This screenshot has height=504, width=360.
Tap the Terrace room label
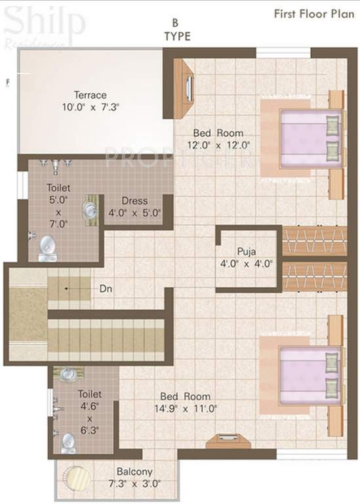(x=90, y=95)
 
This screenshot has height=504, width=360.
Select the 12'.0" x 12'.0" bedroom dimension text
(x=219, y=145)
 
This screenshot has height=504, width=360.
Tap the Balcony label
(x=134, y=471)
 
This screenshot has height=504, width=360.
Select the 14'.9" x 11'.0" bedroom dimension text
(x=188, y=408)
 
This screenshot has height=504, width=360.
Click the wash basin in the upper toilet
(x=90, y=210)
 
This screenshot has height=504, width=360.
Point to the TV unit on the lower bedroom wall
(x=228, y=440)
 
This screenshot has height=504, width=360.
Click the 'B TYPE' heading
(x=177, y=31)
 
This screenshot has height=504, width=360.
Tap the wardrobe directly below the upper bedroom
(x=314, y=240)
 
